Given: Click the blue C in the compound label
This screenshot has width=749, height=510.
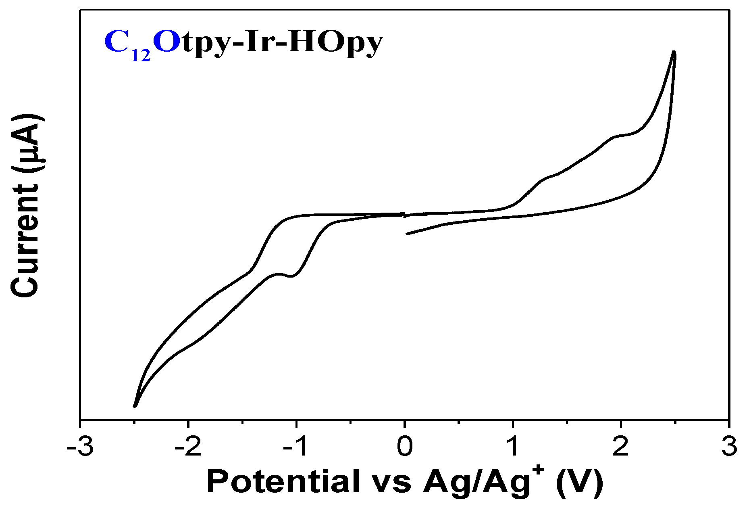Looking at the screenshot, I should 116,42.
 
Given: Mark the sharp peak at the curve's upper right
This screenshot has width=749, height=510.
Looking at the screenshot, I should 674,52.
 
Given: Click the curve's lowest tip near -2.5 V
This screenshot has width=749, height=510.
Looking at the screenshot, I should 135,406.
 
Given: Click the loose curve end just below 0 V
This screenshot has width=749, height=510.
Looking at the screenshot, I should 407,234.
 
